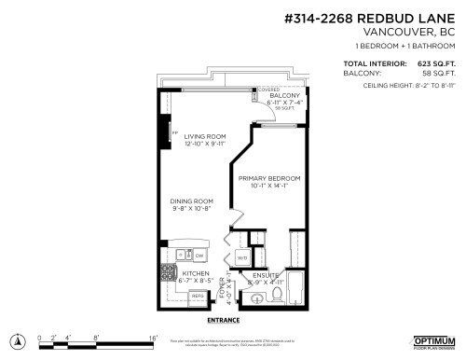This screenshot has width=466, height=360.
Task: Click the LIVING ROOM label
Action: click(203, 136)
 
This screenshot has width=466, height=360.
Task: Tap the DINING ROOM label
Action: click(191, 201)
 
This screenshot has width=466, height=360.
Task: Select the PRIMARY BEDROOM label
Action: click(269, 178)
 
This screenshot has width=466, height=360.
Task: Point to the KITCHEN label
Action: click(183, 273)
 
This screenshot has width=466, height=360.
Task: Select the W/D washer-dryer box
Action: click(242, 257)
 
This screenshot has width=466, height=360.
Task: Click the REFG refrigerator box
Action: click(197, 297)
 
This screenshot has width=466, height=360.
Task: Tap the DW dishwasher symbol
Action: click(200, 254)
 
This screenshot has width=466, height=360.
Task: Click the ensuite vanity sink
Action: click(253, 298)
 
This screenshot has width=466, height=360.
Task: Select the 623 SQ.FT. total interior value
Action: click(435, 64)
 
